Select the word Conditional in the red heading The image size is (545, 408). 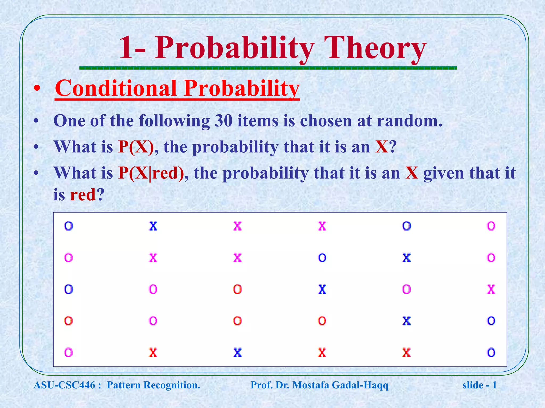[x=116, y=88]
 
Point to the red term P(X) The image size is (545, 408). [x=136, y=147]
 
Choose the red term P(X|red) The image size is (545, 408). [x=151, y=173]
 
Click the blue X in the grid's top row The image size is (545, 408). [x=153, y=226]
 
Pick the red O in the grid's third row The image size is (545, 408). [x=237, y=289]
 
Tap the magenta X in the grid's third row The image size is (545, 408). [x=491, y=289]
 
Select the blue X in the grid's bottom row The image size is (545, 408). [x=237, y=353]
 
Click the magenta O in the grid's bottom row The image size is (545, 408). [x=68, y=353]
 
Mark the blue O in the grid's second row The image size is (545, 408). [x=322, y=258]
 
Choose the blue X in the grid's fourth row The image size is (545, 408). [x=406, y=321]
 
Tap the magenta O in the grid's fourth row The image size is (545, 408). [x=153, y=321]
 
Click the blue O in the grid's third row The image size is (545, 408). [x=68, y=289]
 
